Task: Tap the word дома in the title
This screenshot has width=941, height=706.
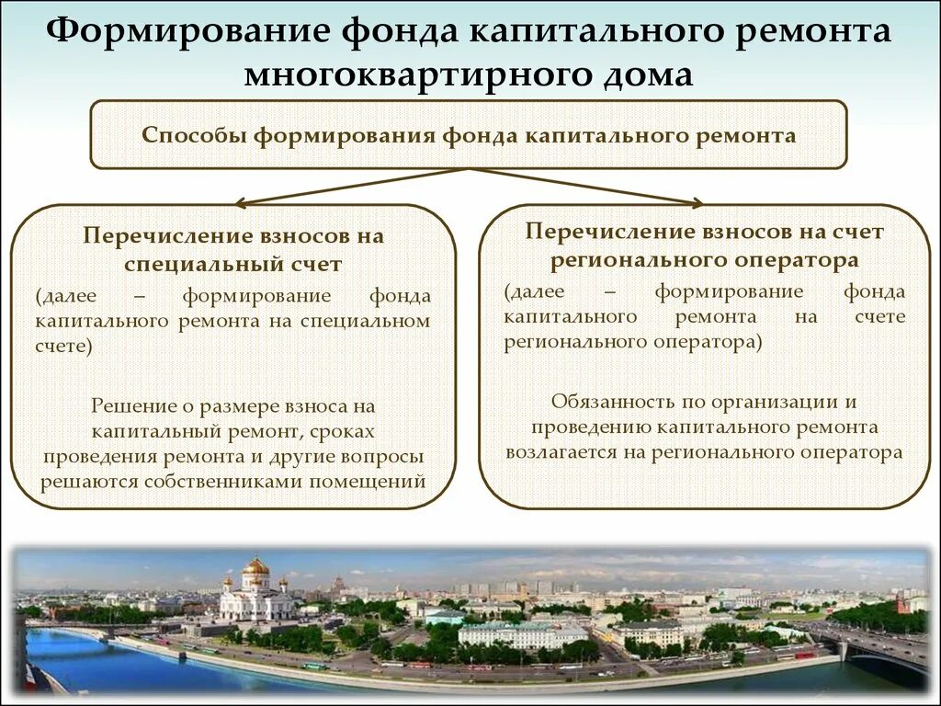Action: [x=648, y=74]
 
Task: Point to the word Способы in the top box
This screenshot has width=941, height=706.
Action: [x=194, y=136]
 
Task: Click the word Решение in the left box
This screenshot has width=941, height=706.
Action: [x=130, y=405]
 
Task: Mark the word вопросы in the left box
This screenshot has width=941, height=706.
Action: [x=383, y=455]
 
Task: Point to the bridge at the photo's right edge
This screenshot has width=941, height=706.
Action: [x=882, y=649]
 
